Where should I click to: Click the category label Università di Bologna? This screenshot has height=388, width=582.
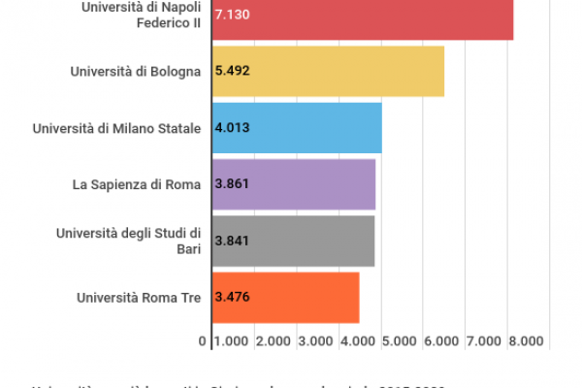click(x=136, y=71)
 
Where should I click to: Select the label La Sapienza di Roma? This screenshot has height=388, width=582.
click(x=137, y=183)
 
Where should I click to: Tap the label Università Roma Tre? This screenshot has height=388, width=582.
click(x=139, y=297)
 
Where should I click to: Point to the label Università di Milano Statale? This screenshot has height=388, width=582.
click(x=116, y=127)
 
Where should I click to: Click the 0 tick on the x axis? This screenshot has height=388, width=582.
click(x=202, y=341)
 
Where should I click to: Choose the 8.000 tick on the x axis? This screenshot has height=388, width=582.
click(x=526, y=341)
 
